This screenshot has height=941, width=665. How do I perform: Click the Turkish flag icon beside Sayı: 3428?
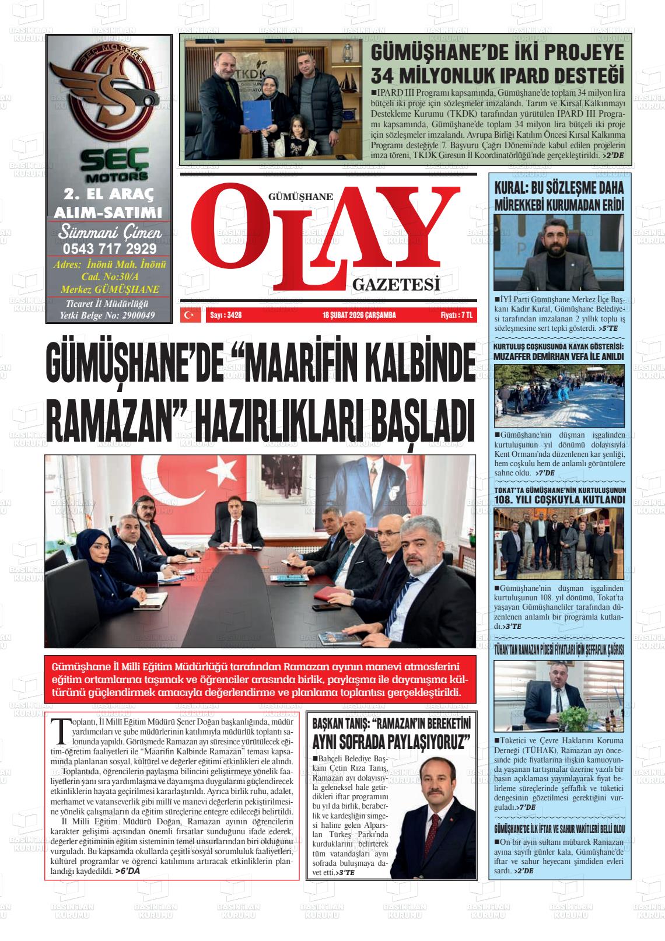[188, 315]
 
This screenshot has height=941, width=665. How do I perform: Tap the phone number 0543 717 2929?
[109, 249]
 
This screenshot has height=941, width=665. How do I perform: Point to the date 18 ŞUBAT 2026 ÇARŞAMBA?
[359, 315]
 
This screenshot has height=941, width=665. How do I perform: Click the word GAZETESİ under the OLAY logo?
[395, 285]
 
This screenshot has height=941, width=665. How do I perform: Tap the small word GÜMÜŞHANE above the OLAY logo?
[300, 197]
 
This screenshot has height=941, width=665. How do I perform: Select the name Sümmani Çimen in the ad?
[110, 233]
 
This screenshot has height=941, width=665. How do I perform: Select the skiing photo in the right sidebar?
[559, 396]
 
